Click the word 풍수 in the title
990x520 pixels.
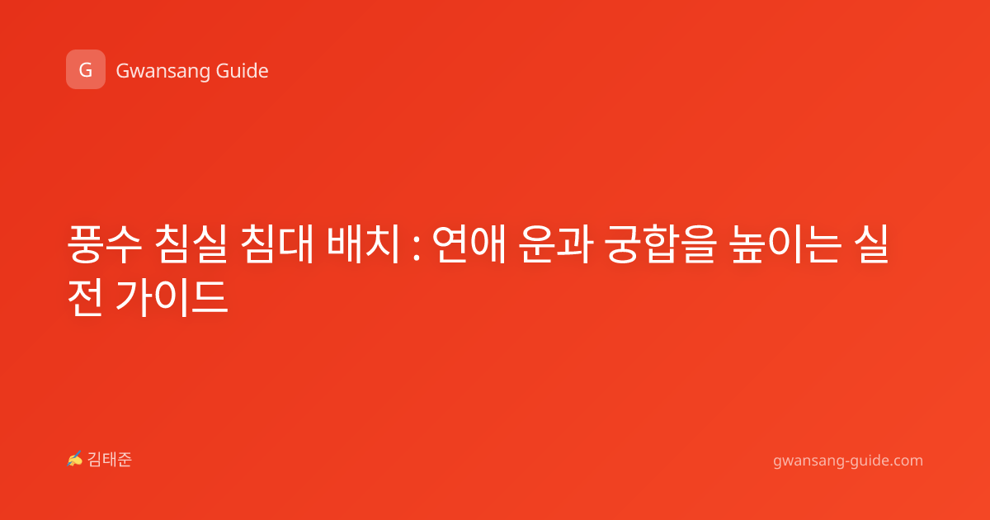click(x=105, y=244)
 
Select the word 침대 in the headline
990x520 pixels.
click(x=277, y=244)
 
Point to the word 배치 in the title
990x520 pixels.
click(x=363, y=244)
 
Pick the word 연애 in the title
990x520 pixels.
click(x=469, y=244)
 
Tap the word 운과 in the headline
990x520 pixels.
click(x=554, y=244)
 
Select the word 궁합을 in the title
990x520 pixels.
click(x=660, y=244)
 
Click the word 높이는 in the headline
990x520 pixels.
click(x=785, y=244)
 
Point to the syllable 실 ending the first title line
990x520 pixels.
click(x=871, y=244)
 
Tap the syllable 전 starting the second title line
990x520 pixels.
click(x=85, y=297)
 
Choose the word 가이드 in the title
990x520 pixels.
click(x=172, y=297)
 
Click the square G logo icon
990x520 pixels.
click(x=86, y=69)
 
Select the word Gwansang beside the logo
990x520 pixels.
click(x=163, y=71)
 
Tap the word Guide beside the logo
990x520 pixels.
click(x=242, y=71)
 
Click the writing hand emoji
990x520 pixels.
click(x=75, y=459)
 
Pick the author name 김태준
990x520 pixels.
click(x=110, y=460)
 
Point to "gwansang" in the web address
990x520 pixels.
click(x=808, y=461)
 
